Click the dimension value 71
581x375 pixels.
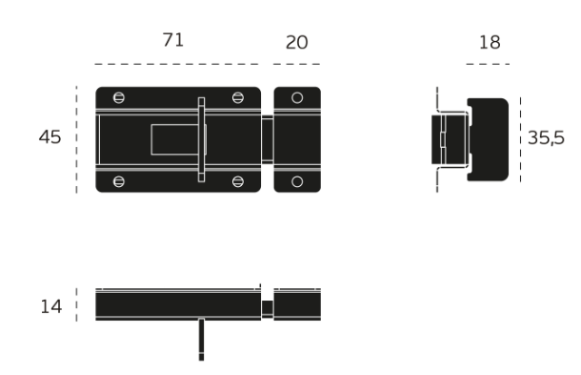173,40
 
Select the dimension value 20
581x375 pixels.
297,42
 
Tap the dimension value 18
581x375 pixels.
491,42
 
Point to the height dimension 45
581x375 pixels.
50,137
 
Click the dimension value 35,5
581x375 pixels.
547,137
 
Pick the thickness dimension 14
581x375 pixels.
50,306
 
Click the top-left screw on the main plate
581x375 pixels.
118,97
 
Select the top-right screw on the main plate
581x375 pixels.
238,97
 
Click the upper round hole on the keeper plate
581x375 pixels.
297,97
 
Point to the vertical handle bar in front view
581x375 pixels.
200,139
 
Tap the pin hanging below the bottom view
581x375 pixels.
201,340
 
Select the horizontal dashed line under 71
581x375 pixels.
177,65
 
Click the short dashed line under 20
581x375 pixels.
297,65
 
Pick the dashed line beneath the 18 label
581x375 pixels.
488,65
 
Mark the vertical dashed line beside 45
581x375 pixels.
76,139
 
